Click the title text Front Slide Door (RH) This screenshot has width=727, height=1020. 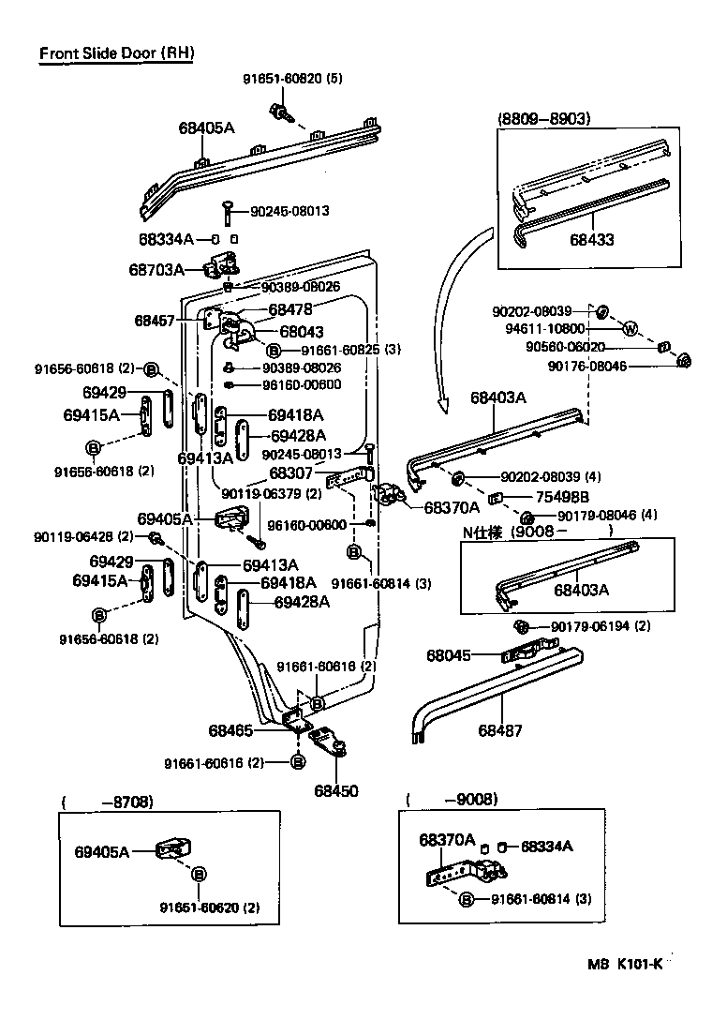(x=116, y=53)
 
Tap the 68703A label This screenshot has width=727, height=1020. (x=156, y=270)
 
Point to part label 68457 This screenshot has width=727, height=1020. (x=155, y=320)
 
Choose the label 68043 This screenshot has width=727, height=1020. (x=302, y=331)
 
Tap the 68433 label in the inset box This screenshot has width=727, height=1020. (x=592, y=240)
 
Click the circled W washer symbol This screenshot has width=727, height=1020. (x=631, y=329)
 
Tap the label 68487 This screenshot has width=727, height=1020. (x=500, y=730)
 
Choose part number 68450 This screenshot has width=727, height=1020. (x=335, y=791)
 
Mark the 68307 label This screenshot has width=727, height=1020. (x=291, y=473)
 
